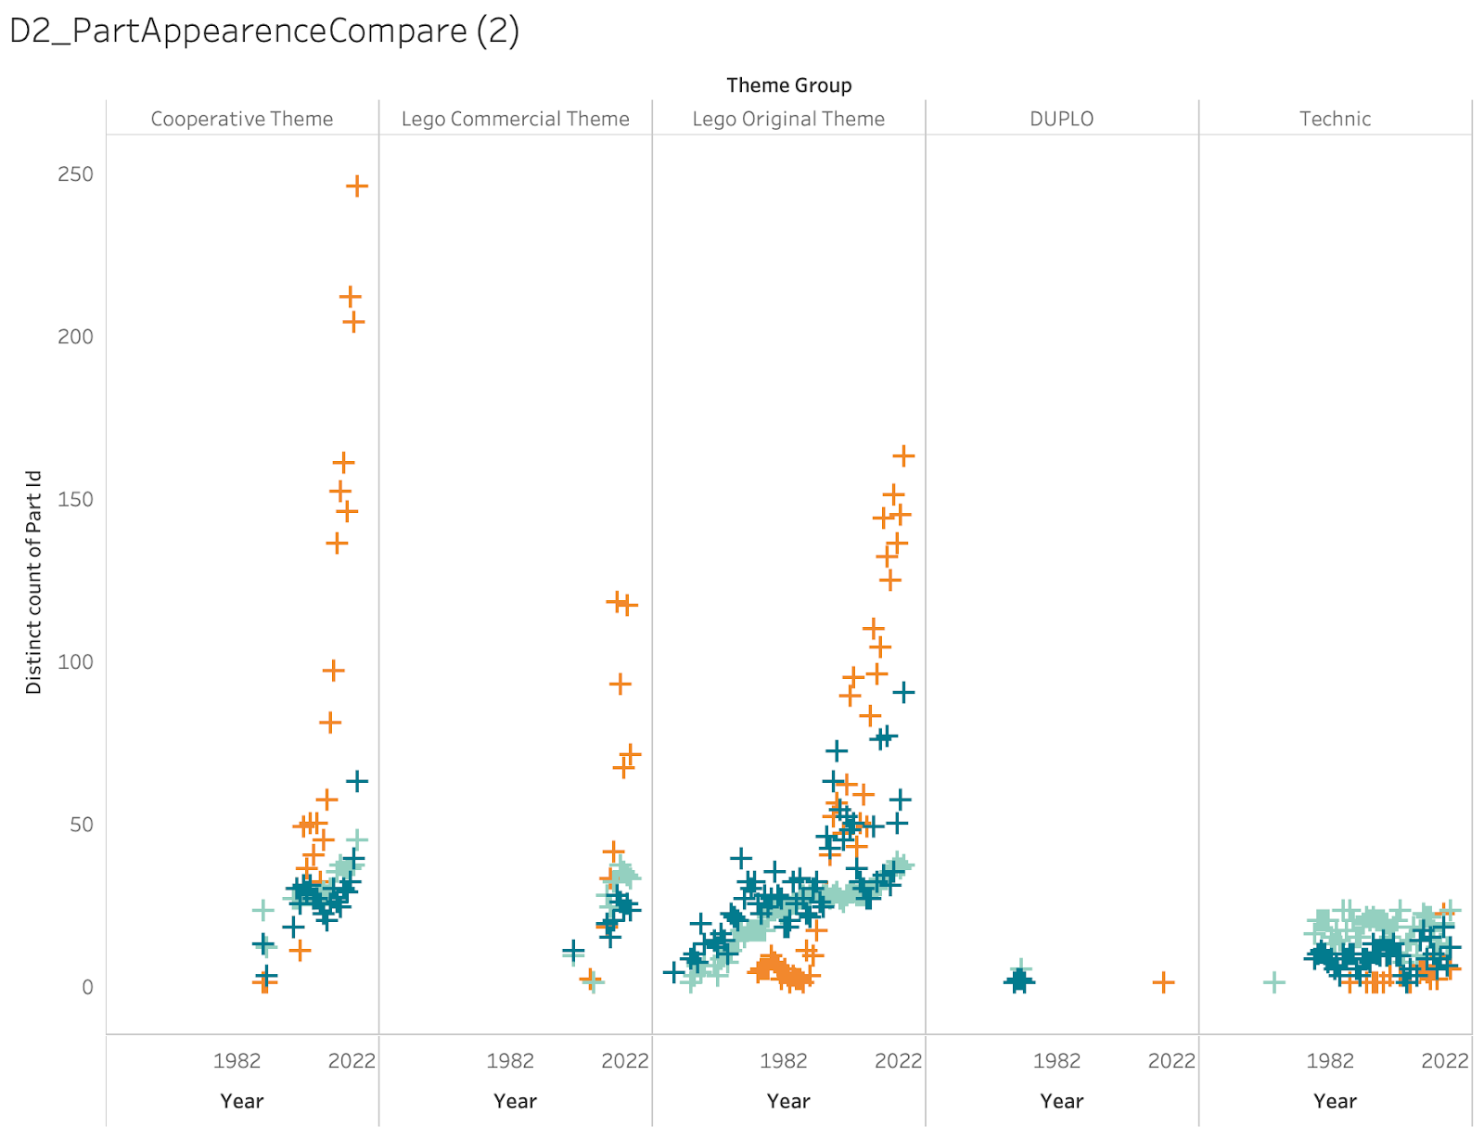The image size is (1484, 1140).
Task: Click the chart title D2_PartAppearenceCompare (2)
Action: point(264,31)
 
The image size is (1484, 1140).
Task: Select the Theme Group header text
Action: point(788,85)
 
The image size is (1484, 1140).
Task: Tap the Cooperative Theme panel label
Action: point(242,119)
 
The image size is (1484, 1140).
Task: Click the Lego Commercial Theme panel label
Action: point(515,119)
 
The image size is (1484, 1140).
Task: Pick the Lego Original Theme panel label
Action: point(788,119)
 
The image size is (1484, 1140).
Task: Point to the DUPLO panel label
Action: point(1061,119)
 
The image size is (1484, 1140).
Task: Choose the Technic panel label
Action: point(1335,119)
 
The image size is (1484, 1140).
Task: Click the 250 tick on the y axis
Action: point(75,174)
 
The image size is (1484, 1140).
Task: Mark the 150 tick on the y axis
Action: point(75,499)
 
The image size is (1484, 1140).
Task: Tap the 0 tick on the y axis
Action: point(87,987)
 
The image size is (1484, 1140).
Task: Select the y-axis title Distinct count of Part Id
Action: point(34,582)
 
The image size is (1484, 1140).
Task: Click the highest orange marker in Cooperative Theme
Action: point(357,186)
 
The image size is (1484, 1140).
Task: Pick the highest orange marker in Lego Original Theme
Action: point(903,455)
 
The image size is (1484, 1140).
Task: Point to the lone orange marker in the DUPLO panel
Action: point(1163,981)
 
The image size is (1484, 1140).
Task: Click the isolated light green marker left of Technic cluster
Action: point(1274,981)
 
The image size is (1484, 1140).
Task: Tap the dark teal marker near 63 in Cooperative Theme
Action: point(357,781)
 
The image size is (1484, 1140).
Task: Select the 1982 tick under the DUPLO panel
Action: point(1056,1060)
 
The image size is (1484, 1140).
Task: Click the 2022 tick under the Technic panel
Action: point(1444,1060)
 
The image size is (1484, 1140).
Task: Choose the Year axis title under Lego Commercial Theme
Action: point(515,1101)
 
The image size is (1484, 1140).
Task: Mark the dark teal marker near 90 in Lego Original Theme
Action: point(903,692)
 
